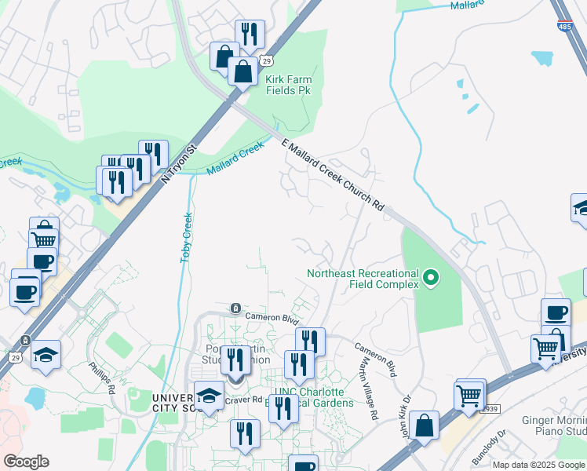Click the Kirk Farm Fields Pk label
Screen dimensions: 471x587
click(x=288, y=85)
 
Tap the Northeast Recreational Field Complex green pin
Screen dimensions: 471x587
click(x=430, y=278)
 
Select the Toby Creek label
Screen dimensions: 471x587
click(x=187, y=237)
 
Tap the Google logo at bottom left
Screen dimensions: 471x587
click(x=26, y=461)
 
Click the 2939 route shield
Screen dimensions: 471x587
click(x=490, y=409)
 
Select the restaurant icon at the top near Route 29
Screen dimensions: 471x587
click(x=250, y=33)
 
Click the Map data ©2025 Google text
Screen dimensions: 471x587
click(x=539, y=464)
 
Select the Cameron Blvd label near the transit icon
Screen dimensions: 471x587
click(x=272, y=319)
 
